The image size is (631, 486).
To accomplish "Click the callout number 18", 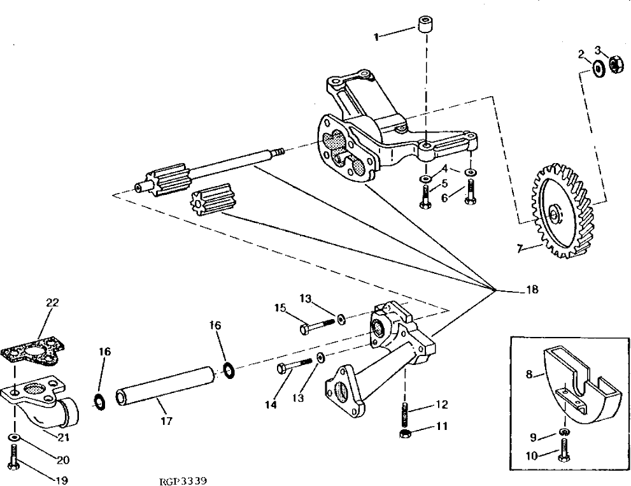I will [x=532, y=290].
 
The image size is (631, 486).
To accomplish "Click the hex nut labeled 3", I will [x=616, y=64].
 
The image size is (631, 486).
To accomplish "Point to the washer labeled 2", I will [x=599, y=68].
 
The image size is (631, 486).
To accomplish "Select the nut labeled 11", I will [x=404, y=434].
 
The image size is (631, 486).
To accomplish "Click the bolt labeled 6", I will [x=469, y=191].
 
